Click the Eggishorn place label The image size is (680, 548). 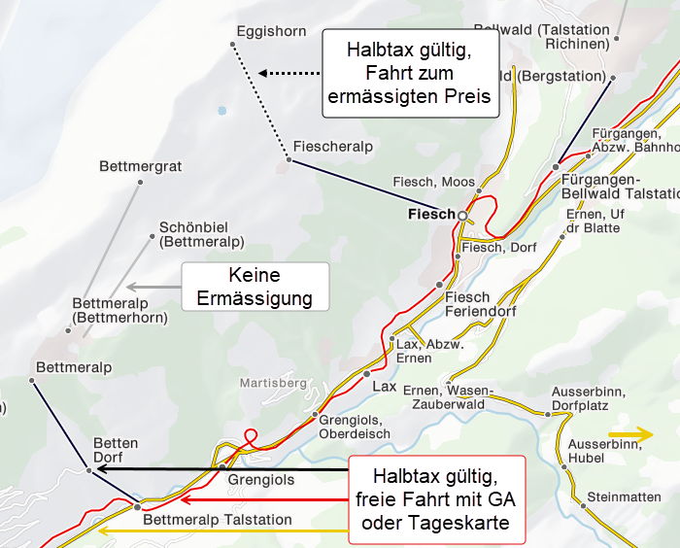[271, 32]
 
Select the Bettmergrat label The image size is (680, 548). [140, 167]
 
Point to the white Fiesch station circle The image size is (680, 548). [462, 215]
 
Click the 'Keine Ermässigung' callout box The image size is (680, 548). [255, 287]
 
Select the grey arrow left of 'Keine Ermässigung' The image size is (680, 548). [153, 287]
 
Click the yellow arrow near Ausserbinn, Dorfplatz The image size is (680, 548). [630, 433]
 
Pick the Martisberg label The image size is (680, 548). [273, 382]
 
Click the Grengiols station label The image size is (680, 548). [260, 480]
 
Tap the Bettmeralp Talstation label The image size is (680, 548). [217, 520]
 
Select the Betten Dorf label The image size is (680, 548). [116, 450]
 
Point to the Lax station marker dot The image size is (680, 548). [367, 373]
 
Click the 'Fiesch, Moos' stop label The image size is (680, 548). [433, 182]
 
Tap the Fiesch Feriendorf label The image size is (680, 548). [480, 304]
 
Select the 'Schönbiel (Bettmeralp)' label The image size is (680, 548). [201, 234]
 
